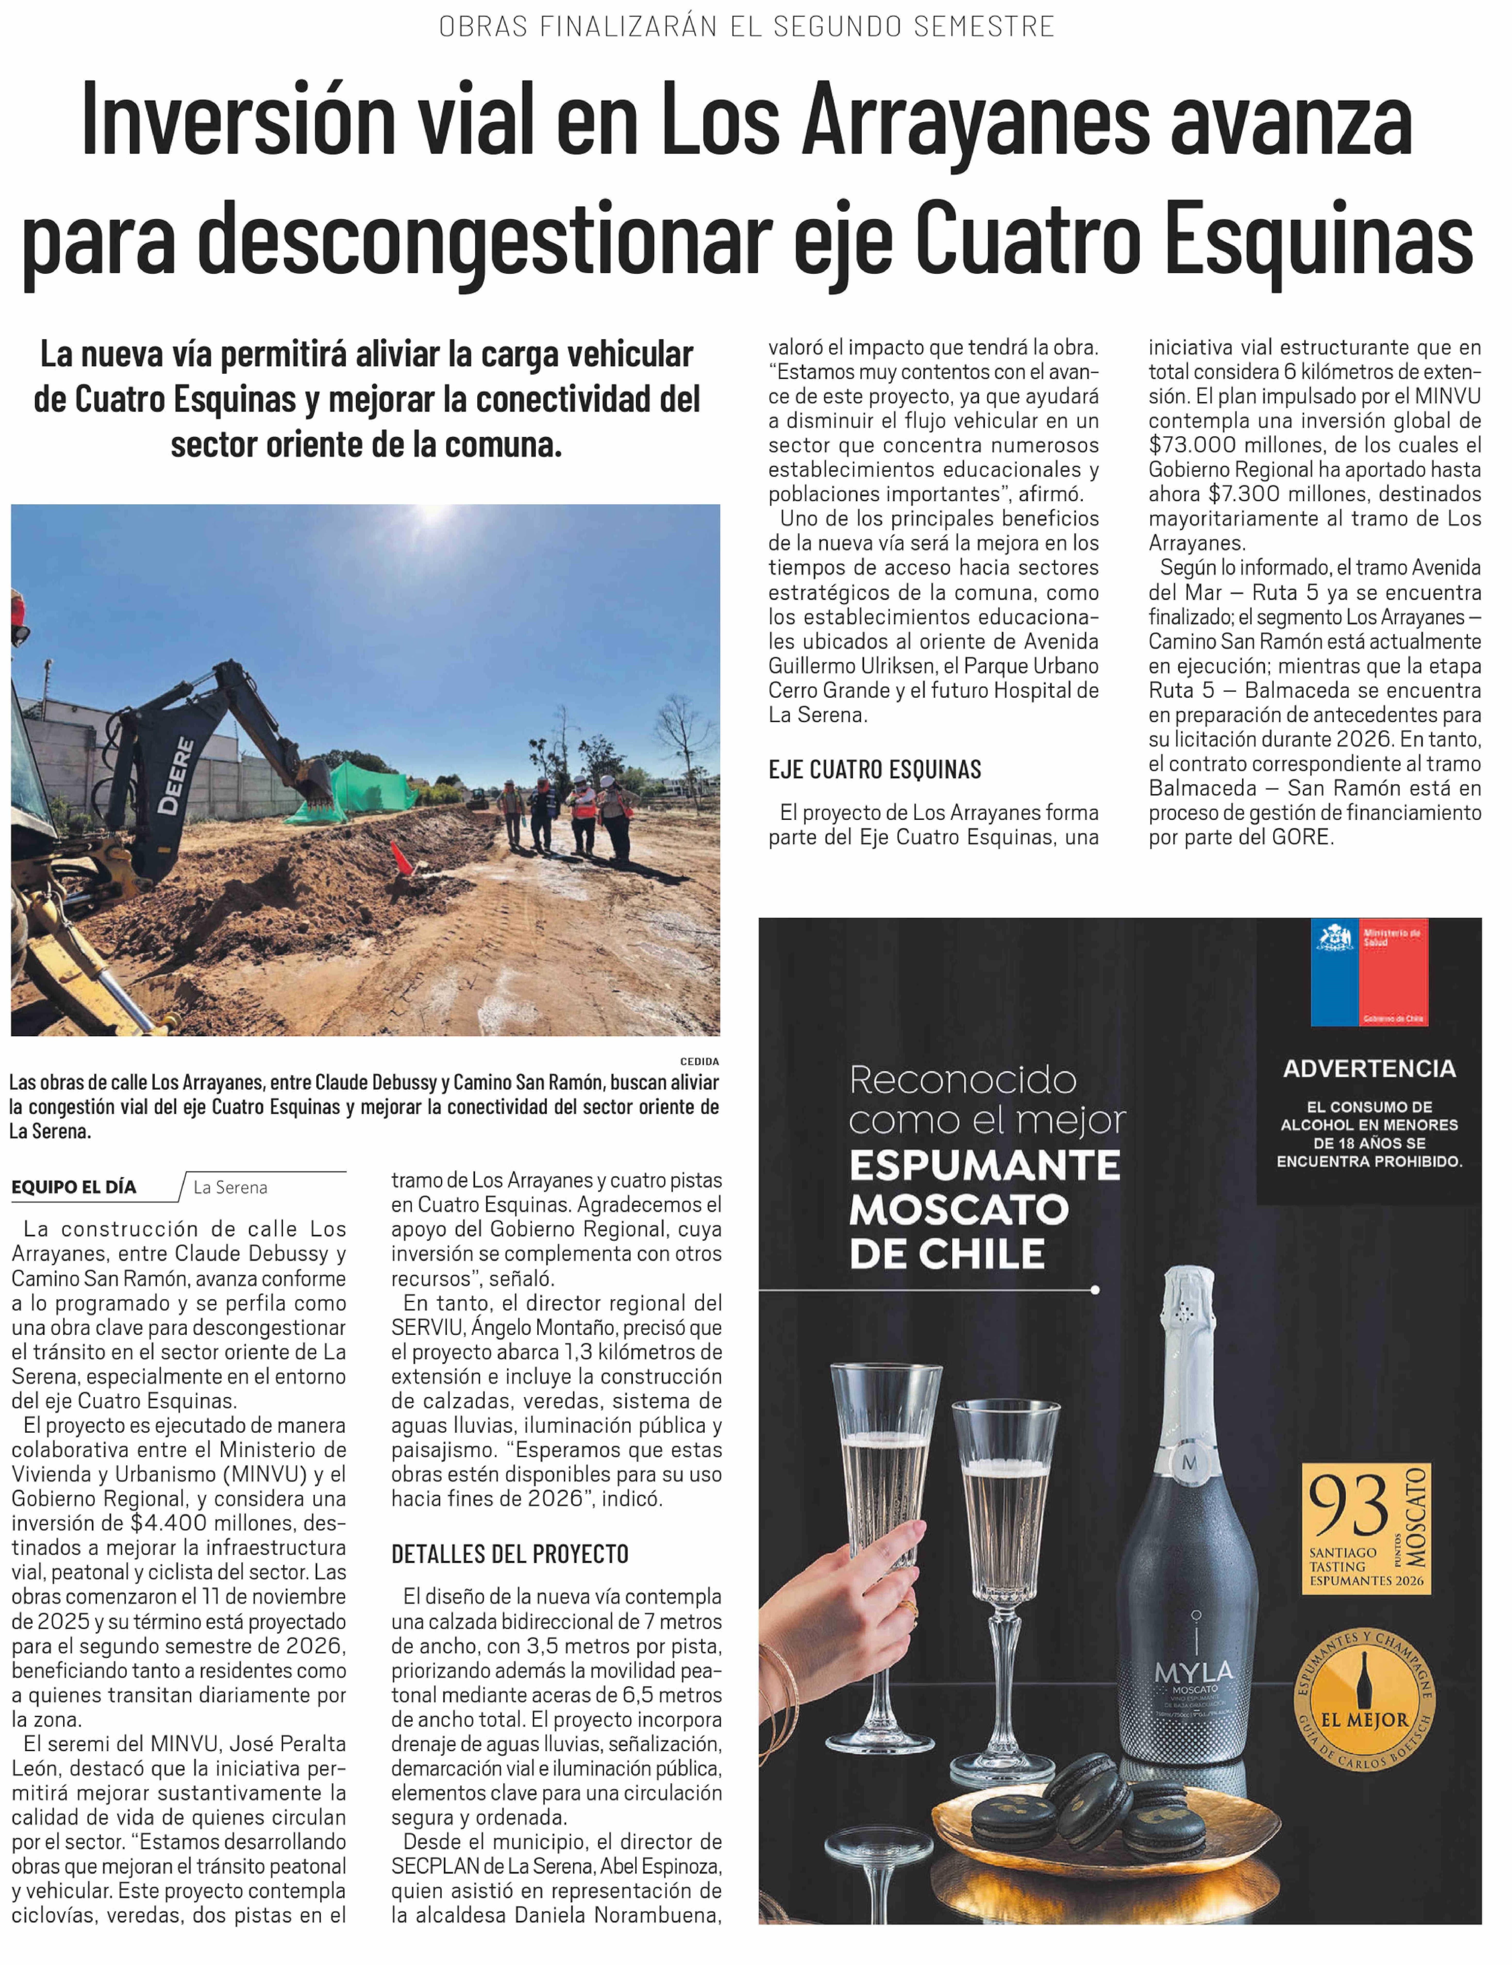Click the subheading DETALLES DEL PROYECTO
[509, 1554]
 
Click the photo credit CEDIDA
[699, 1062]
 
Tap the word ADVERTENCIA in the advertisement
[1369, 1069]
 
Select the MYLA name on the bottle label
[1193, 1673]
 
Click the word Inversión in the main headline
[238, 121]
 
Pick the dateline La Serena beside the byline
[230, 1188]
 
